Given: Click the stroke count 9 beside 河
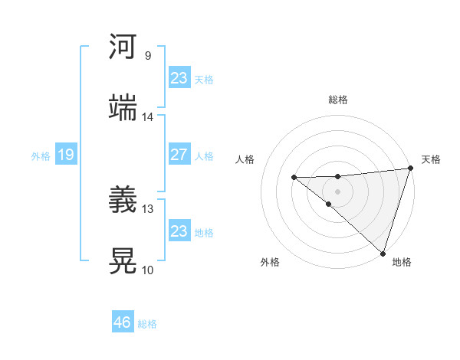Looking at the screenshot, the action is point(148,56).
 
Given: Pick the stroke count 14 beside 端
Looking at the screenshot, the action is point(148,117).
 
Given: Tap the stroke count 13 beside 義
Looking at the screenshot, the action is point(148,208).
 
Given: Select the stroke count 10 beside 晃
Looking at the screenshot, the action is point(148,270).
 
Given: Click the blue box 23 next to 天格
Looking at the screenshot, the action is point(179,78).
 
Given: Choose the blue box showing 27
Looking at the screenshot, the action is point(179,155).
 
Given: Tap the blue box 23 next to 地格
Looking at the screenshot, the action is point(179,231).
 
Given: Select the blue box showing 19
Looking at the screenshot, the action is point(65,155).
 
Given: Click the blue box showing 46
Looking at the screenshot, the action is point(123,322).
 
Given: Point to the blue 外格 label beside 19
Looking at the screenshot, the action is point(41,156).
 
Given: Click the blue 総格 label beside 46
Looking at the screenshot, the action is point(147,324).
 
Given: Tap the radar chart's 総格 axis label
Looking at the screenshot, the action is point(338,100).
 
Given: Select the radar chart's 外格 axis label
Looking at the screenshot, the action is point(270,263).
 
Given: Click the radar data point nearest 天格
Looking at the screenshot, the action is point(411,169).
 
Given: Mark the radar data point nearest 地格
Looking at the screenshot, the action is point(383,253).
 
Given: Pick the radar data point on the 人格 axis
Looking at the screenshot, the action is point(294,178).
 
